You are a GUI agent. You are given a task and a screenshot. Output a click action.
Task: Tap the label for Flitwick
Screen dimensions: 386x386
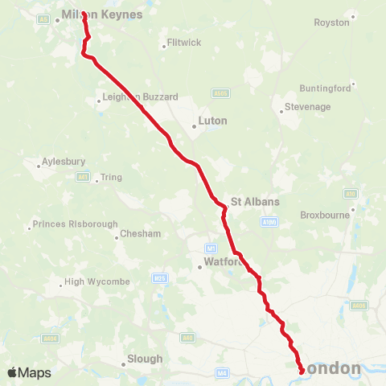point(183,42)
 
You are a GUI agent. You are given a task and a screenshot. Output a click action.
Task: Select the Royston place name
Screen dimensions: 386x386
point(332,23)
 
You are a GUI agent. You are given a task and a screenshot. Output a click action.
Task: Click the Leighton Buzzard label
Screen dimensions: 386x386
point(138,96)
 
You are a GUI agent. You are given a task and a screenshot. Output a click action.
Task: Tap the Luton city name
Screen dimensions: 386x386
point(213,121)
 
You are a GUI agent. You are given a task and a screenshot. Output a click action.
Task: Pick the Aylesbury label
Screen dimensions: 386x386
point(63,161)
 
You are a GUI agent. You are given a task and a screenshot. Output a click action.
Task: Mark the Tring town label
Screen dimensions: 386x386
point(111,178)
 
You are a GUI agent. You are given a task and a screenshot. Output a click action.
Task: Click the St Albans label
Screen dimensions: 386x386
point(248,201)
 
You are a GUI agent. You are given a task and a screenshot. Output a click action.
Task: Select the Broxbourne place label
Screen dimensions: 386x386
point(322,216)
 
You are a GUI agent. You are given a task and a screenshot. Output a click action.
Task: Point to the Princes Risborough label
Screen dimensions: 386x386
point(75,224)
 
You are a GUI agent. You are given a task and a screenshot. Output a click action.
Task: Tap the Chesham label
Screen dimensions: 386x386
point(140,234)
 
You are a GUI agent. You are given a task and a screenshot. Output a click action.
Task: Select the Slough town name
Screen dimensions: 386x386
point(146,359)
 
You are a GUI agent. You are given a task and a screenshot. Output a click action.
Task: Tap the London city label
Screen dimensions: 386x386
point(333,368)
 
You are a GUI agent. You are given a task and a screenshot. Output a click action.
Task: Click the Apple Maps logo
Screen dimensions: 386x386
point(29,372)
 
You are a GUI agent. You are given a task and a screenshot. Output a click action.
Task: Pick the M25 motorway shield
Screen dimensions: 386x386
point(159,278)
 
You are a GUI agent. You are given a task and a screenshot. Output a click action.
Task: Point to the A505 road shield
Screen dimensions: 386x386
point(221,93)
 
